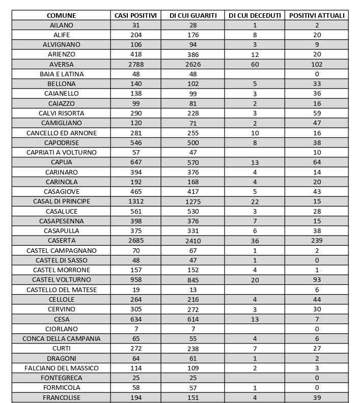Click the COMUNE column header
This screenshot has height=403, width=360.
(61, 15)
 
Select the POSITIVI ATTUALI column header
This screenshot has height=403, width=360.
(317, 15)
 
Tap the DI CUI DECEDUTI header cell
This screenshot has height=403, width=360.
(255, 15)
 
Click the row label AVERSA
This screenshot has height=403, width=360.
(61, 65)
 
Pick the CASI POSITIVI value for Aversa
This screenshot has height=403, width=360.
(136, 65)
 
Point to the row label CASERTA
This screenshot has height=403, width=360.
(61, 241)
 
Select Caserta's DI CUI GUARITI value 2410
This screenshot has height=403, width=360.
(193, 241)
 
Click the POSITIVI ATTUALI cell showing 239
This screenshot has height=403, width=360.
(317, 241)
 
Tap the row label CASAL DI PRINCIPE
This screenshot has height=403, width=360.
(61, 201)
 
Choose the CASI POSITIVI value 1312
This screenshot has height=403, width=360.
(136, 201)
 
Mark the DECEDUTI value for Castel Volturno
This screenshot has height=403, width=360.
(255, 280)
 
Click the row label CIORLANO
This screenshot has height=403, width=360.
(61, 329)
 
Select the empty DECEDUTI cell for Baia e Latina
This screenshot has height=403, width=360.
(255, 74)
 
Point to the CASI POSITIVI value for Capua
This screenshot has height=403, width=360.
(136, 162)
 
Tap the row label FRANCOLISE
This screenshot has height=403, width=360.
(61, 397)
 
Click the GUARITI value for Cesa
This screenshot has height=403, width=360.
(193, 319)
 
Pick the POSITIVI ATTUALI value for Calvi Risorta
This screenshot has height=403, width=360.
(317, 113)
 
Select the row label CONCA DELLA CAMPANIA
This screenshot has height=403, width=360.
(61, 338)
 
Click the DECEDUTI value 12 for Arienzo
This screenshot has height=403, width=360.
(255, 54)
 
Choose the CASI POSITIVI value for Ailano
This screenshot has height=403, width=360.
(136, 25)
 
